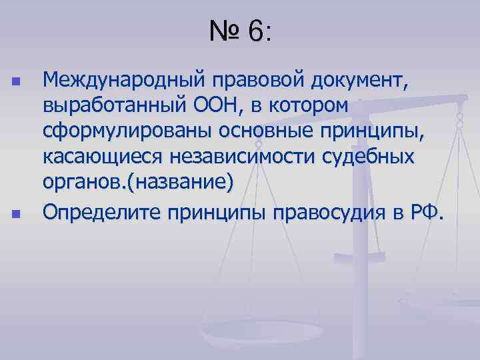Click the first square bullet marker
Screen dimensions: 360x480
tap(15, 82)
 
